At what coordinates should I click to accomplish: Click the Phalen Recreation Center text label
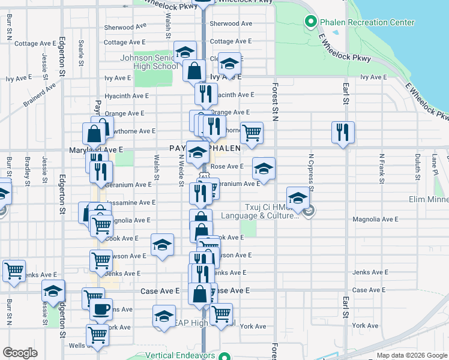pyautogui.click(x=367, y=23)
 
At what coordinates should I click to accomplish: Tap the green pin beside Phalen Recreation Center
pyautogui.click(x=311, y=23)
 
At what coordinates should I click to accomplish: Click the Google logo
pyautogui.click(x=20, y=353)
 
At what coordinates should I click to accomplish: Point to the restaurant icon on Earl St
pyautogui.click(x=343, y=131)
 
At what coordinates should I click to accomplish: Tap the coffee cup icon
pyautogui.click(x=101, y=309)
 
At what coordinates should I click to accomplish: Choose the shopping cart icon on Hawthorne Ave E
pyautogui.click(x=252, y=132)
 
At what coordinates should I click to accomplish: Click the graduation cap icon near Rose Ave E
pyautogui.click(x=263, y=169)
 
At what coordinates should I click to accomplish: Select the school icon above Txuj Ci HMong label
pyautogui.click(x=298, y=197)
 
